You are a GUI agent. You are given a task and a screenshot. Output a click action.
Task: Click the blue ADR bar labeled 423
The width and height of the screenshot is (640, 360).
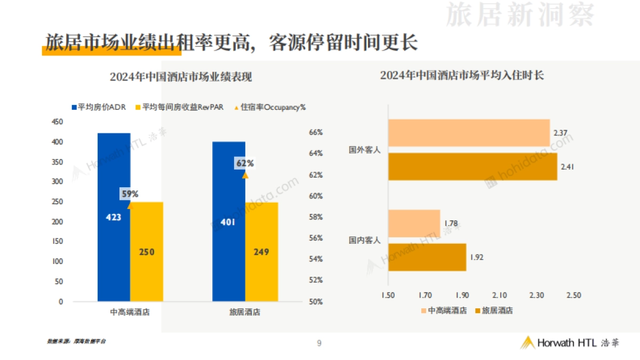pyautogui.click(x=114, y=240)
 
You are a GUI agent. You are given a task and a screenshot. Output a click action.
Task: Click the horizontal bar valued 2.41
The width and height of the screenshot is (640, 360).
pyautogui.click(x=473, y=166)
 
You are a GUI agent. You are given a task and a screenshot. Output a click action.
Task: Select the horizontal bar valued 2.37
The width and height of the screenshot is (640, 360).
pyautogui.click(x=469, y=133)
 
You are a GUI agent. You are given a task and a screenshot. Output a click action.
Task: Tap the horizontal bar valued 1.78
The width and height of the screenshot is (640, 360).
pyautogui.click(x=414, y=223)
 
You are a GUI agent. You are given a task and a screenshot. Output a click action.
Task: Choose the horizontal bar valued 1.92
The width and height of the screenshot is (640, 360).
pyautogui.click(x=427, y=257)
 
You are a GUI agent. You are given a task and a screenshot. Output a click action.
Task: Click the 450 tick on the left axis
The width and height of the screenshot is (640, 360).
pyautogui.click(x=57, y=122)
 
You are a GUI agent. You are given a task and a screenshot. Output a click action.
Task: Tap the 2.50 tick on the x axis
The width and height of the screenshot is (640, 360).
pyautogui.click(x=573, y=295)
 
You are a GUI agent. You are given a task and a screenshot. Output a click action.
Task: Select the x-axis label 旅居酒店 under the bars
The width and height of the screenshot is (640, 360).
pyautogui.click(x=245, y=313)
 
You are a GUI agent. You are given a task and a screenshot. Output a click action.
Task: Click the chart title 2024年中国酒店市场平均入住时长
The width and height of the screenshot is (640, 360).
pyautogui.click(x=462, y=75)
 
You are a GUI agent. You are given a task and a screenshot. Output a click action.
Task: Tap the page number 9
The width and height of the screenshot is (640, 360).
pyautogui.click(x=319, y=343)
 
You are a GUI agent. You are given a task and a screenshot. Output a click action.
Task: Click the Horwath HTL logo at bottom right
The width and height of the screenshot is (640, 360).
pyautogui.click(x=570, y=343)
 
